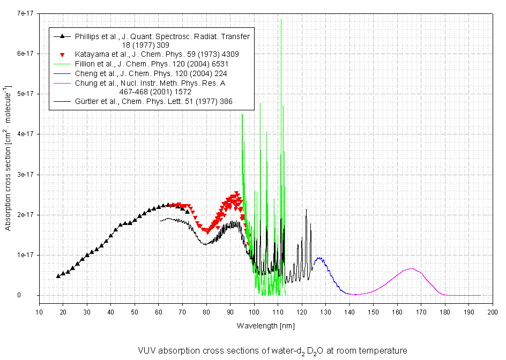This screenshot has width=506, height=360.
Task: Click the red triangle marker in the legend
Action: [63, 55]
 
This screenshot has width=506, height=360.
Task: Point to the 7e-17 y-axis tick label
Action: [25, 13]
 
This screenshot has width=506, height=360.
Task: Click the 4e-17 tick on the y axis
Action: [25, 134]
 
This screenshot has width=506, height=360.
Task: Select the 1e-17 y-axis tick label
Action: [25, 255]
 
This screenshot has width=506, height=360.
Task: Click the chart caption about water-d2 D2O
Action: [272, 351]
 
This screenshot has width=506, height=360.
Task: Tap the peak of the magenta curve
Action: [411, 268]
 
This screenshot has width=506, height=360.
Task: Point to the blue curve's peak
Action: [319, 258]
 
